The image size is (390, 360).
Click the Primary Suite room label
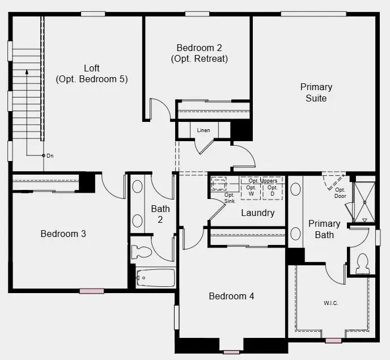point(316,92)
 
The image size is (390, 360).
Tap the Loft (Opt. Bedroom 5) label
point(92,74)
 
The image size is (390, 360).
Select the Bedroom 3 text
point(63,234)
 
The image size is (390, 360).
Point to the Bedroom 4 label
point(231,296)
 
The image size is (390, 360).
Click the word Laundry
point(257,213)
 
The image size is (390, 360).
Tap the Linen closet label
point(204,130)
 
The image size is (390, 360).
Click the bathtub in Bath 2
point(156,278)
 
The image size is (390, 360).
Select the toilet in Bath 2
point(142,251)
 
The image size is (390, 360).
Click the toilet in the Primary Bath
point(362,263)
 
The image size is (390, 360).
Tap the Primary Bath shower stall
point(364,201)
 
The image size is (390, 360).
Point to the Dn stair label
point(50,155)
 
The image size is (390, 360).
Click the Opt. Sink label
point(230,198)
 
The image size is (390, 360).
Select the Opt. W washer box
point(251,190)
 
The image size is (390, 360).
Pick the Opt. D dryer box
point(273,190)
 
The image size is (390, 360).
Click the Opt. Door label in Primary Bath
point(340,193)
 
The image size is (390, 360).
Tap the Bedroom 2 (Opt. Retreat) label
point(199,53)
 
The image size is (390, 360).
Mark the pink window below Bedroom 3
point(91,291)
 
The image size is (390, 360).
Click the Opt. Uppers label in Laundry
point(262,181)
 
